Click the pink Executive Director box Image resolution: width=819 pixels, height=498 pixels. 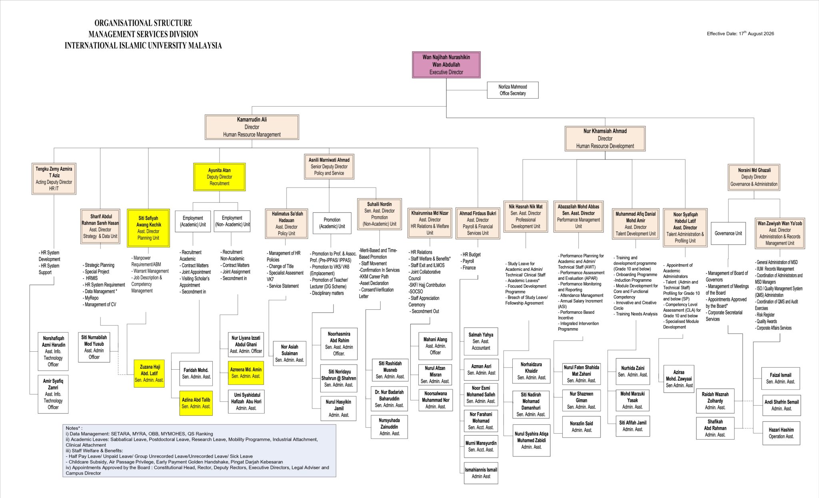pyautogui.click(x=446, y=65)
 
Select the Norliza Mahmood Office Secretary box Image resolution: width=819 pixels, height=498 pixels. pyautogui.click(x=512, y=90)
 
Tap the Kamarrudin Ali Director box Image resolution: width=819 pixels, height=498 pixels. pyautogui.click(x=252, y=127)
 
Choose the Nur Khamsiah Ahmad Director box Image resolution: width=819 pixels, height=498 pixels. pyautogui.click(x=605, y=139)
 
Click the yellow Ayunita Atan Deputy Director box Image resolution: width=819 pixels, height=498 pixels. pyautogui.click(x=219, y=177)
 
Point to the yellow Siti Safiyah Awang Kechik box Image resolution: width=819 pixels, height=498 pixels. pyautogui.click(x=148, y=228)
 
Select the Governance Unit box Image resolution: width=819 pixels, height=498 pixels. pyautogui.click(x=728, y=233)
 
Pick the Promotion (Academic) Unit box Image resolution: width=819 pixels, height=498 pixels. pyautogui.click(x=332, y=223)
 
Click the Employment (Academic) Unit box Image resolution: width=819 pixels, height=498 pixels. pyautogui.click(x=193, y=221)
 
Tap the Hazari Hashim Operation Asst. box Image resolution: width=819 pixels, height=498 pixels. pyautogui.click(x=781, y=433)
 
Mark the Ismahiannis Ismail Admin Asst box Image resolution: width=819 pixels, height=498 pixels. pyautogui.click(x=481, y=473)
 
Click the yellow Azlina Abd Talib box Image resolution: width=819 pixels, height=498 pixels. pyautogui.click(x=196, y=403)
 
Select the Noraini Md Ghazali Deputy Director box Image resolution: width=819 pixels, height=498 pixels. pyautogui.click(x=754, y=177)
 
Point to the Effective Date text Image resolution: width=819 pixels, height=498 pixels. pyautogui.click(x=740, y=34)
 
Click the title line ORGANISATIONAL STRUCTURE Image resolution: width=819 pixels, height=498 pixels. pyautogui.click(x=143, y=23)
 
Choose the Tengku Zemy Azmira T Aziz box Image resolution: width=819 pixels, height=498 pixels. pyautogui.click(x=54, y=179)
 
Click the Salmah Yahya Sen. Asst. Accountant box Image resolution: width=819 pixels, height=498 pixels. pyautogui.click(x=481, y=341)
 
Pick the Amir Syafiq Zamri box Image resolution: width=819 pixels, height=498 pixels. pyautogui.click(x=53, y=394)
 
